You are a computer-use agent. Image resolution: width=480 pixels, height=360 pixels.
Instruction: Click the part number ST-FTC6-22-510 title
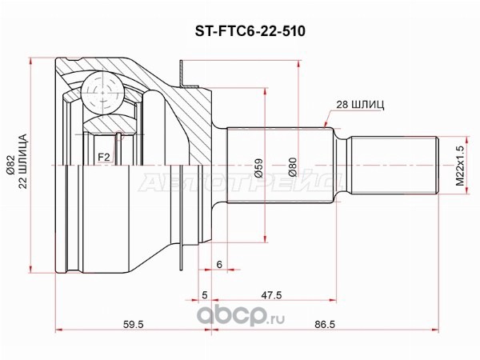[x=250, y=31]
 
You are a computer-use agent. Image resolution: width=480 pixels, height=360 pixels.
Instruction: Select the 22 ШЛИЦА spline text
[x=25, y=161]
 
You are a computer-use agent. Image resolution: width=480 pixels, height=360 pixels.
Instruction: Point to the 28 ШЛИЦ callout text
[x=360, y=105]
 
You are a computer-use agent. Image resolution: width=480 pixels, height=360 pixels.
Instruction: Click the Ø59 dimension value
[x=258, y=167]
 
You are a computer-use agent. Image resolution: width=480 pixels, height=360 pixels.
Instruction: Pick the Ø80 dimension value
[x=293, y=167]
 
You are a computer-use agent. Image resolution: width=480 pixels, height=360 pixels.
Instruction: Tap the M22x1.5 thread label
[x=460, y=166]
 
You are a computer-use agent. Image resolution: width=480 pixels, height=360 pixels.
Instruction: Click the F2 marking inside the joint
[x=103, y=158]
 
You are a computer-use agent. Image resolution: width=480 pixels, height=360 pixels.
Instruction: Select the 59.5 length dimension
[x=133, y=324]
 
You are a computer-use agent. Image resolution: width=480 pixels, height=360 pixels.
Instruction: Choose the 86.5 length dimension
[x=325, y=324]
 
